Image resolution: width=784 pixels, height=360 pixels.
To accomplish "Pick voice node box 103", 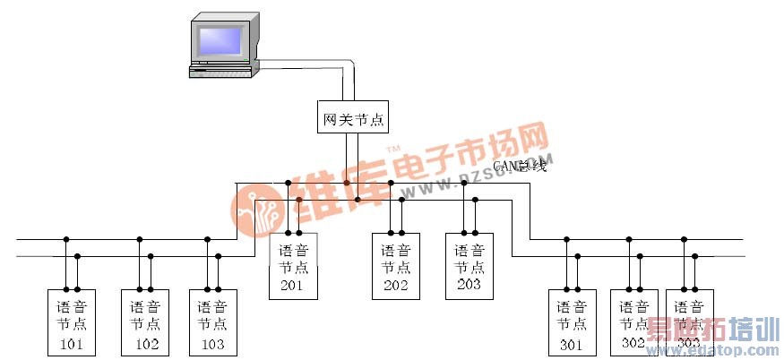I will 212,322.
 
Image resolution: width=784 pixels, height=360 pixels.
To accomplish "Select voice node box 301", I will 571,322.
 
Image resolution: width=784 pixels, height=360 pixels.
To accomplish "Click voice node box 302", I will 633,322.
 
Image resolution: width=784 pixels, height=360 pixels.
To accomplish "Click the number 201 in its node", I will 293,286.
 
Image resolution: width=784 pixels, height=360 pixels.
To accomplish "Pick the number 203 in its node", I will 469,285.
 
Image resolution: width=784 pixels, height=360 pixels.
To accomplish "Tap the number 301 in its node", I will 571,344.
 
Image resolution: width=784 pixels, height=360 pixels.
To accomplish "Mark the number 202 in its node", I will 395,286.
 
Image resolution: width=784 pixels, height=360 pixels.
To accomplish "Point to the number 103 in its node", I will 212,343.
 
